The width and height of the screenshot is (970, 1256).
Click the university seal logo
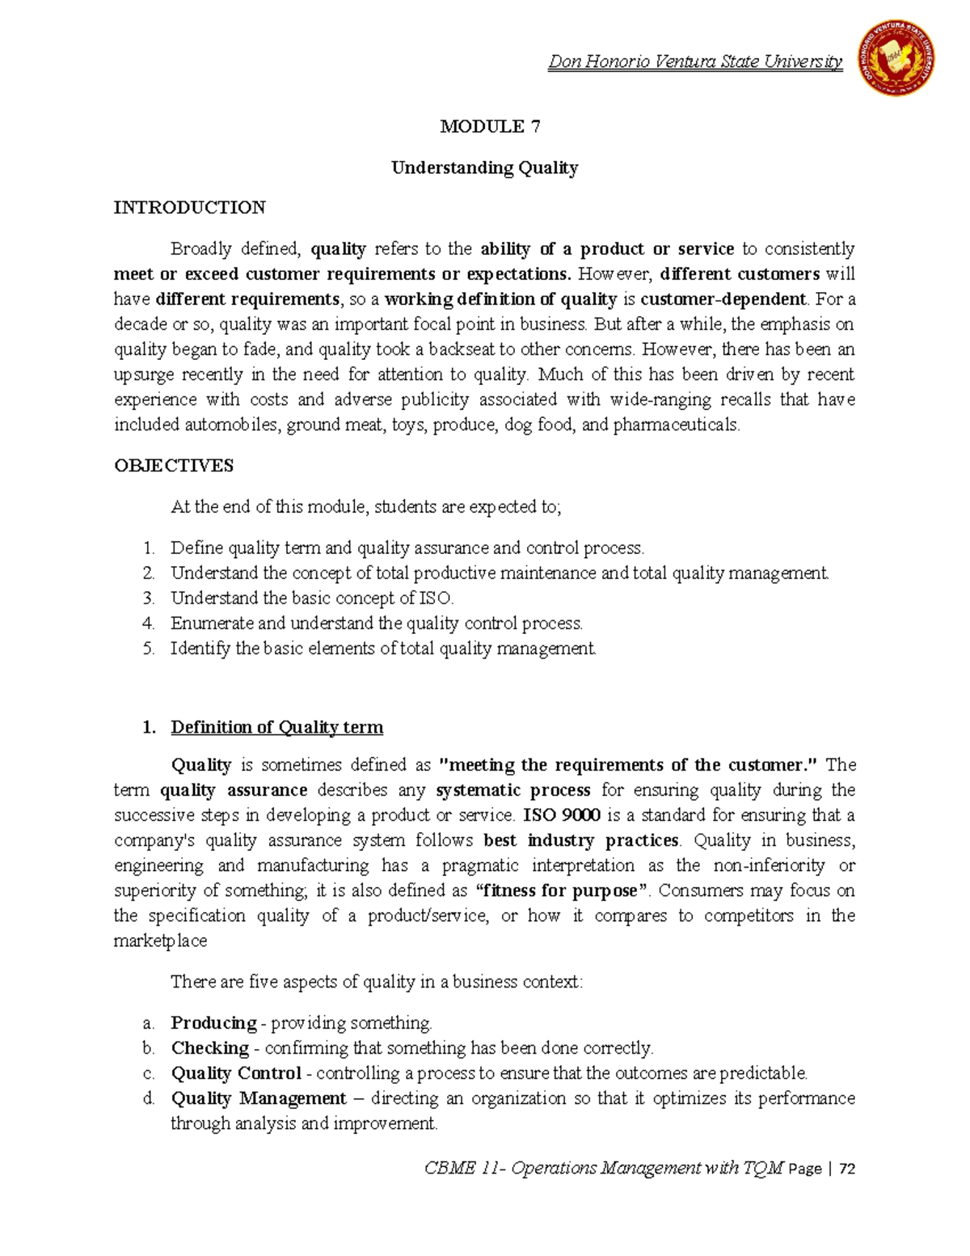(x=896, y=57)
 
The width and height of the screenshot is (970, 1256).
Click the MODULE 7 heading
(x=490, y=126)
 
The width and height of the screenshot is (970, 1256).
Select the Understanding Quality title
(x=484, y=168)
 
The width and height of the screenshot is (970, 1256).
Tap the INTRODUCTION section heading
(x=189, y=208)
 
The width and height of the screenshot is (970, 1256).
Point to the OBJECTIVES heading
(x=174, y=466)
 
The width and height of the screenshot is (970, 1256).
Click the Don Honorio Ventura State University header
(x=695, y=61)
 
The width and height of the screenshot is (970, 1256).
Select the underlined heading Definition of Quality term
(x=276, y=727)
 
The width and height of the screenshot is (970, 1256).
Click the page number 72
(x=847, y=1169)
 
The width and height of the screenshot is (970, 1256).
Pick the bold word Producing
(x=213, y=1023)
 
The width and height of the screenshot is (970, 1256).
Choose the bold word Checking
(x=209, y=1048)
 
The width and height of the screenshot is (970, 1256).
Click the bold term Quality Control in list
(x=236, y=1073)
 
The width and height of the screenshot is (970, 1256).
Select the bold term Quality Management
(x=258, y=1098)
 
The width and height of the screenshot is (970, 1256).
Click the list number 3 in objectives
(x=148, y=598)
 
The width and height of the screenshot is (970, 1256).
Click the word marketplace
(x=160, y=941)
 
